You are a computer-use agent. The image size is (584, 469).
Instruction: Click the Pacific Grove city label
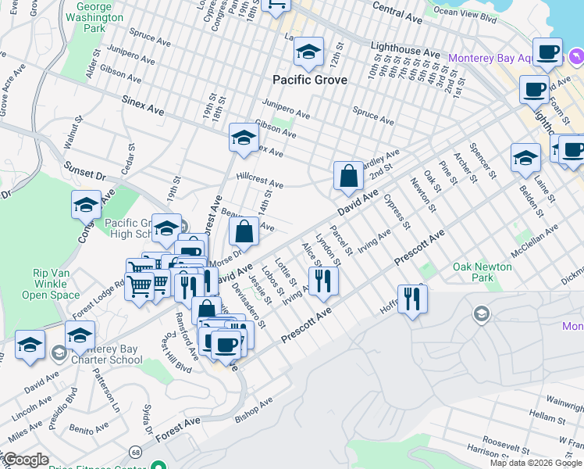[x=310, y=80]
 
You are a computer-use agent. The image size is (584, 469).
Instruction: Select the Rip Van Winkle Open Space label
[x=56, y=284]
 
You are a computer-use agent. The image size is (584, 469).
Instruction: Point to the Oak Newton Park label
[x=483, y=272]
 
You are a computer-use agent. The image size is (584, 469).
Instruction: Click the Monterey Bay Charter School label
[x=105, y=354]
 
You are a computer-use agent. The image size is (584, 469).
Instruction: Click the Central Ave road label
[x=398, y=13]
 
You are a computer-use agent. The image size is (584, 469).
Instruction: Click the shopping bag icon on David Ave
[x=348, y=177]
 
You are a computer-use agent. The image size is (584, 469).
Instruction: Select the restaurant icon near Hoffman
[x=412, y=299]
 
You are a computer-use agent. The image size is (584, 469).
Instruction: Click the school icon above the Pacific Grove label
[x=309, y=53]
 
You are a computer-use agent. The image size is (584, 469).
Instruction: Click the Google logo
[x=26, y=460]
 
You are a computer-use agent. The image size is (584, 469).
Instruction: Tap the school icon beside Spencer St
[x=525, y=158]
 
